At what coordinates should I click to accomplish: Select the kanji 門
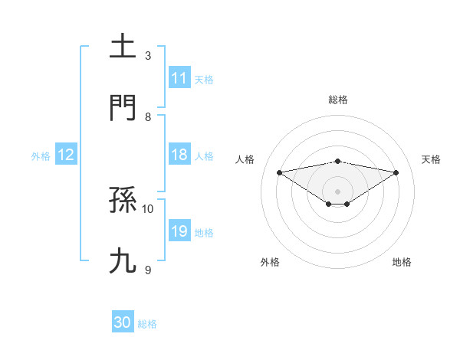(123, 109)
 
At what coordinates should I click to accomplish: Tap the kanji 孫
(123, 201)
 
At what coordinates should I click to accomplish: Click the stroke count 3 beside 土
(148, 55)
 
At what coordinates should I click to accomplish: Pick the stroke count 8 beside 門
(148, 116)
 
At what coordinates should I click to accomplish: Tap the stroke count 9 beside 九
(148, 270)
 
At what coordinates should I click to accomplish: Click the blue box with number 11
(179, 78)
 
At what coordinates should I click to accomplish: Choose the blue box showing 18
(179, 155)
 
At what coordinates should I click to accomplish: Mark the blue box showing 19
(179, 231)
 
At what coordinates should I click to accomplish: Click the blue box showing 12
(66, 155)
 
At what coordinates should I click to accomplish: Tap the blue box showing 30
(123, 322)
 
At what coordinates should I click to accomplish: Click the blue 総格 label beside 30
(147, 324)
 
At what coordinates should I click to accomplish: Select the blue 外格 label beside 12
(41, 156)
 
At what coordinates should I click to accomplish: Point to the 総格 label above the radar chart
(338, 100)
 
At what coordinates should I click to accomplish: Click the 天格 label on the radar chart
(432, 159)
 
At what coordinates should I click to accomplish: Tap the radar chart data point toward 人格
(280, 172)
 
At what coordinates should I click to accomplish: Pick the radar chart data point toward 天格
(396, 172)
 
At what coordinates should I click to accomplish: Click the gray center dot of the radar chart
(338, 191)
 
